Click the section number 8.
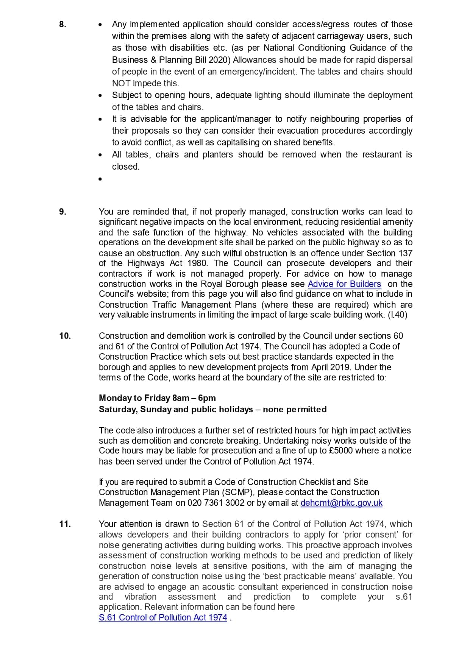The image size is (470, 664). (62, 25)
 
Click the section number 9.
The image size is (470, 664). (62, 212)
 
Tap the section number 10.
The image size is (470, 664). (65, 336)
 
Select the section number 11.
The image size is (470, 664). (65, 524)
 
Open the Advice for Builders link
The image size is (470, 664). (344, 284)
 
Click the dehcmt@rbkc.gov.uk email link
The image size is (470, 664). (341, 503)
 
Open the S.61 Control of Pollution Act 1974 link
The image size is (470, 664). (163, 617)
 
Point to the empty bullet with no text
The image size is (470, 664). (100, 179)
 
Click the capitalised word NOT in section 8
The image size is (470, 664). (121, 84)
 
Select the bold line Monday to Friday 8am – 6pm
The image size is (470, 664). (157, 398)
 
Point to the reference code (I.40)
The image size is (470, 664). (397, 315)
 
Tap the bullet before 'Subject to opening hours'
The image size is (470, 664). (100, 96)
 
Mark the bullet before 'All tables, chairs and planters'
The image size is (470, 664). (100, 155)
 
